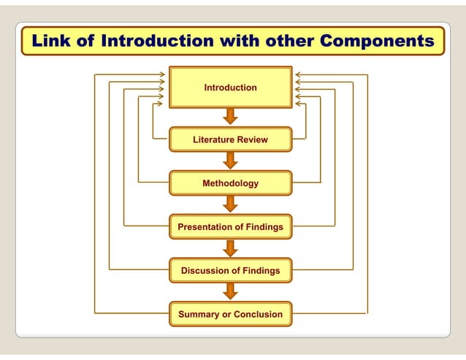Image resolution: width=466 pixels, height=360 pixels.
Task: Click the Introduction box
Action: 230,88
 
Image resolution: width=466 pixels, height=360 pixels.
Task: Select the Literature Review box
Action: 230,139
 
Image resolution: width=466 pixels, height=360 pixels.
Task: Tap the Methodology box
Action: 230,183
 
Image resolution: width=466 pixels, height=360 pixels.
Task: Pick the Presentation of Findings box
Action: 230,227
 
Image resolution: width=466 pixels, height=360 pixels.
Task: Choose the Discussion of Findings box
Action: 230,271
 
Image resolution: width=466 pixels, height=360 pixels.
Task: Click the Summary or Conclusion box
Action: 230,315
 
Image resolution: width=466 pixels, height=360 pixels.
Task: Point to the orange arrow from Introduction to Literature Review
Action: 230,117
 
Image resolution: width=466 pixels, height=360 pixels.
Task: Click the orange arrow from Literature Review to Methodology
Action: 230,161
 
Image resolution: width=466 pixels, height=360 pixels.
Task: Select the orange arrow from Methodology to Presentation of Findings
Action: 230,204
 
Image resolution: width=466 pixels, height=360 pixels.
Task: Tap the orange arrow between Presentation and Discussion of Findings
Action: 230,248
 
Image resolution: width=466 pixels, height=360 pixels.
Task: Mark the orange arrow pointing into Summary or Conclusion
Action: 230,292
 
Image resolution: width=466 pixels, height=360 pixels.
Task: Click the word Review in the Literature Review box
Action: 252,139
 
